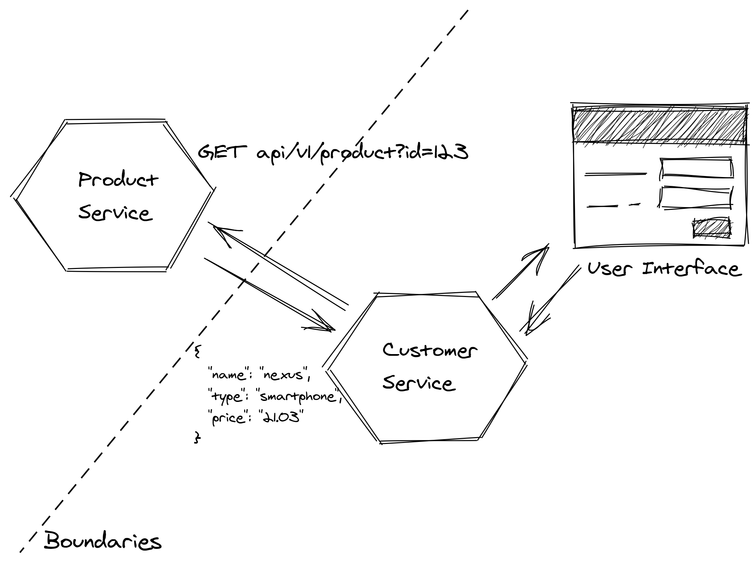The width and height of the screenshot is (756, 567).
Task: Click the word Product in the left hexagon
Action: click(x=118, y=179)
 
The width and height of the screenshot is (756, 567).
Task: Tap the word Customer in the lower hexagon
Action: click(x=429, y=351)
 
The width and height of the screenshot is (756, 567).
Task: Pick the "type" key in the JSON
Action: click(x=227, y=397)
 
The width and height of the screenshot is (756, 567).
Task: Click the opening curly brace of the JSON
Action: click(x=197, y=351)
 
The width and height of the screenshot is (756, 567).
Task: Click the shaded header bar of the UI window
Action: click(x=659, y=125)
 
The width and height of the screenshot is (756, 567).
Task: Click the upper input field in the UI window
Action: click(x=697, y=168)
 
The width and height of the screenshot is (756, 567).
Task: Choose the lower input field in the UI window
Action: click(x=696, y=198)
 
